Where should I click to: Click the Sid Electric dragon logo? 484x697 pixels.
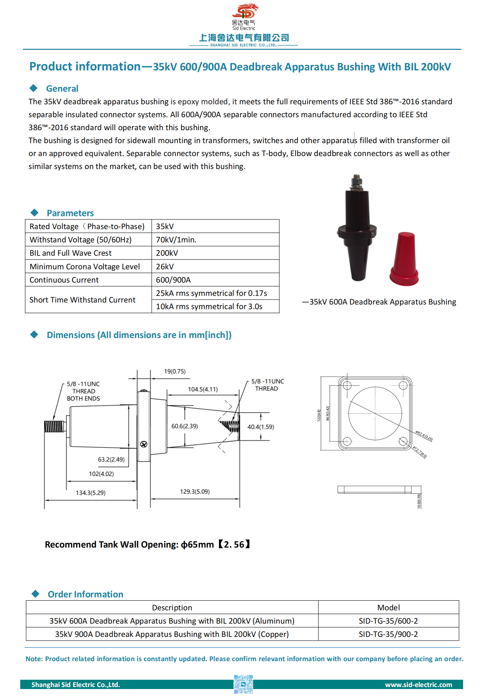click(245, 11)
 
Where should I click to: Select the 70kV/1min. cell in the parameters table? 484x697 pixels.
click(176, 240)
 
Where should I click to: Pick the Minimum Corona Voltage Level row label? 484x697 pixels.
click(85, 267)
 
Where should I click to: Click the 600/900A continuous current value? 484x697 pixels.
click(173, 280)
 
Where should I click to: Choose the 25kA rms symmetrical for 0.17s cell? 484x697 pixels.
click(211, 293)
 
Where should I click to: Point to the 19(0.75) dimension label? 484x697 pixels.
click(175, 371)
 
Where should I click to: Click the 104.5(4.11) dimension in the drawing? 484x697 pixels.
click(203, 389)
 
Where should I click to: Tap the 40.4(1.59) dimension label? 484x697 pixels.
click(261, 427)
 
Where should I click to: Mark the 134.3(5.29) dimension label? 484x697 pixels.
click(91, 493)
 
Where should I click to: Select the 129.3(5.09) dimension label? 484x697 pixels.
click(195, 491)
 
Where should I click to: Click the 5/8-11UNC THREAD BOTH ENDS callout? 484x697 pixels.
click(83, 391)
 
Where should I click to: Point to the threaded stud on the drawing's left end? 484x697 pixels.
click(54, 426)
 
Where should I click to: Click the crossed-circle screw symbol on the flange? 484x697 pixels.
click(144, 444)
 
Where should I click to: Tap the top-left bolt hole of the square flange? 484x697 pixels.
click(347, 386)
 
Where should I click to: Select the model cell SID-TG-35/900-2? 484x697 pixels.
click(388, 634)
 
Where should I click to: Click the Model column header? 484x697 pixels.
click(388, 608)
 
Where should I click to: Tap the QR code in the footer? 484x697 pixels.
click(243, 684)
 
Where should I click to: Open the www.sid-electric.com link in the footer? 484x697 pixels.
click(418, 685)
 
